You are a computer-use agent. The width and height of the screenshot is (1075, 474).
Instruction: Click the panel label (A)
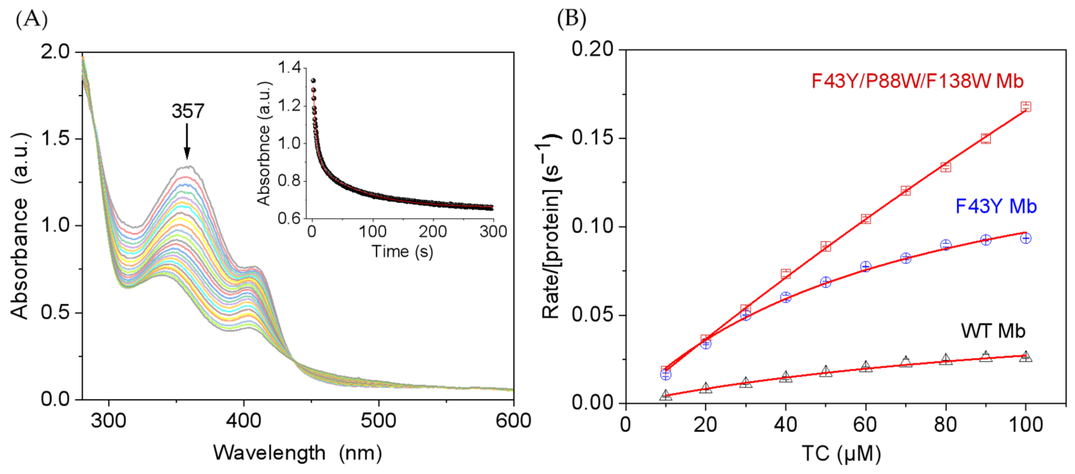pyautogui.click(x=31, y=20)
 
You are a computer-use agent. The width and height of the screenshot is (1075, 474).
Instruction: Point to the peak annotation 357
pyautogui.click(x=188, y=111)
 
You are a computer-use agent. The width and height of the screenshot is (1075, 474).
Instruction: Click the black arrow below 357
pyautogui.click(x=187, y=142)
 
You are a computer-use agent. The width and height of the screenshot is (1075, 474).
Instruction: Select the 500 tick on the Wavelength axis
pyautogui.click(x=378, y=421)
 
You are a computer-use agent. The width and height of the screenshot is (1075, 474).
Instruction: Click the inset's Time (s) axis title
pyautogui.click(x=402, y=251)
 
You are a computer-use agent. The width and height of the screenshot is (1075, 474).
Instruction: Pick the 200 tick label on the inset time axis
pyautogui.click(x=433, y=231)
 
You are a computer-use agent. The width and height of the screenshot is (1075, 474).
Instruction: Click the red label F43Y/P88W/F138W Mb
pyautogui.click(x=917, y=81)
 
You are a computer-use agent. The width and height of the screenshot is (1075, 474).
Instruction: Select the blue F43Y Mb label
pyautogui.click(x=996, y=206)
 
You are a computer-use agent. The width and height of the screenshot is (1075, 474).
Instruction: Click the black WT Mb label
pyautogui.click(x=993, y=331)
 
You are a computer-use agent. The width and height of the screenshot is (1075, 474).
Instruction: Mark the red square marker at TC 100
pyautogui.click(x=1026, y=107)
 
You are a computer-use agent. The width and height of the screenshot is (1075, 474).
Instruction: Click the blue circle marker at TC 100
pyautogui.click(x=1026, y=238)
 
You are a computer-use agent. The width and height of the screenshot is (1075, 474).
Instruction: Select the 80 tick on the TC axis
pyautogui.click(x=945, y=425)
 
